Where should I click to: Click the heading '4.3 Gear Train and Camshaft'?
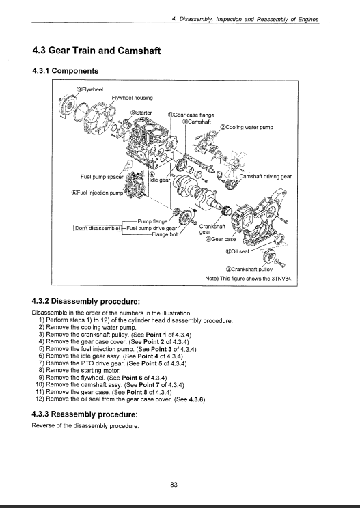point(96,51)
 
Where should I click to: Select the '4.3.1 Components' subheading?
point(65,71)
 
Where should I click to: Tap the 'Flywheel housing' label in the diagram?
point(132,98)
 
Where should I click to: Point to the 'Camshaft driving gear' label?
point(265,176)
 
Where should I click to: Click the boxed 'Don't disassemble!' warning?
point(98,228)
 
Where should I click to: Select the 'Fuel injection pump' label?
point(98,193)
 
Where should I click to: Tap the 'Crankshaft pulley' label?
point(249,269)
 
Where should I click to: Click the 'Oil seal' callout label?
point(237,251)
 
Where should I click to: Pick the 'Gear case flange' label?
point(191,115)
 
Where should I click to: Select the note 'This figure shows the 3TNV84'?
point(249,279)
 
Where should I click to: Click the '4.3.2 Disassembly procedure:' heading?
point(86,302)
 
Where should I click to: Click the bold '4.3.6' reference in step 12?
point(196,399)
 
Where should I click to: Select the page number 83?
point(174,485)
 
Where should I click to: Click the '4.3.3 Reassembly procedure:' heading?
point(85,414)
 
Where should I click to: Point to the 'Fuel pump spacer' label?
point(102,177)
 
